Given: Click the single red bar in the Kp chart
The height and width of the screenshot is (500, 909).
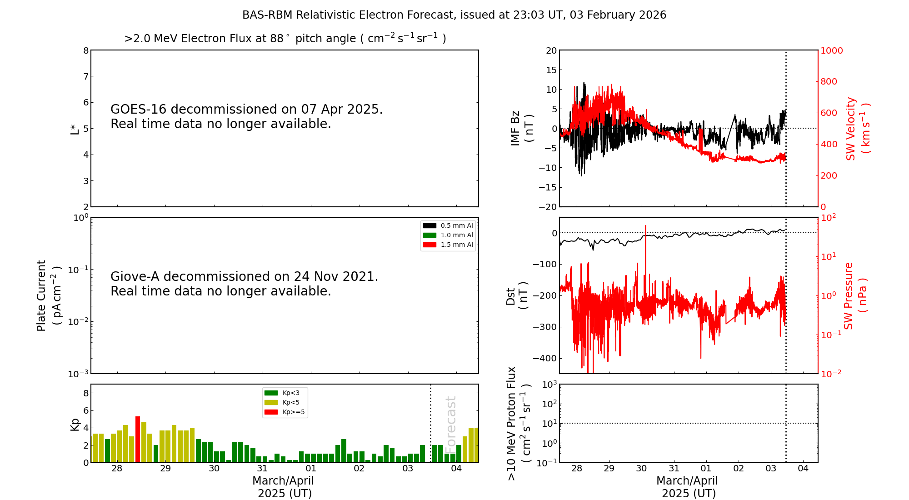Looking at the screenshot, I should click(138, 439).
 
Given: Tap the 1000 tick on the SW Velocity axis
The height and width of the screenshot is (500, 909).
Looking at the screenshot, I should click(831, 50).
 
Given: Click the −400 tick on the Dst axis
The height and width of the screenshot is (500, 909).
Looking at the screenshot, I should click(545, 358).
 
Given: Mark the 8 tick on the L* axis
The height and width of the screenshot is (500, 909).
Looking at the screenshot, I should click(86, 50).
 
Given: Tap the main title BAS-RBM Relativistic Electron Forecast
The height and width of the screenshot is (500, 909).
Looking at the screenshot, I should click(454, 15).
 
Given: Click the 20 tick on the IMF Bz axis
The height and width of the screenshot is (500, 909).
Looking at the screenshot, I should click(551, 50).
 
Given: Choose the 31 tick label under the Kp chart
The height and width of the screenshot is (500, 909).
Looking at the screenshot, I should click(262, 469).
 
